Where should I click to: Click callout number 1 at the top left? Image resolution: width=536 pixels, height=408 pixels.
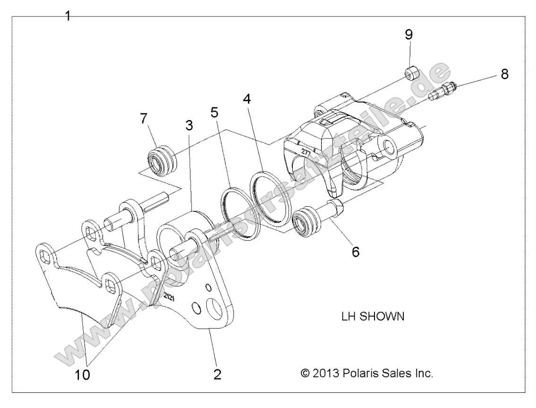coord(68,16)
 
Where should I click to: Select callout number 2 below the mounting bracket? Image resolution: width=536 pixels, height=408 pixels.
coord(217,374)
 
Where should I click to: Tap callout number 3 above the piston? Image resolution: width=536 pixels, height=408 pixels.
coord(189,127)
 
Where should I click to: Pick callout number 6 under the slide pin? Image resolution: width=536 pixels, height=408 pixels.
coord(355,252)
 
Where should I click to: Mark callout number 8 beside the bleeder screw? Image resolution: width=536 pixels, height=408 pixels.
coord(504,75)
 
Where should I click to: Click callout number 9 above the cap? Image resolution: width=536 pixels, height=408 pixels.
coord(409,34)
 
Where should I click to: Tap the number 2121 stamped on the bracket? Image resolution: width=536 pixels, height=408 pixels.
coord(170,297)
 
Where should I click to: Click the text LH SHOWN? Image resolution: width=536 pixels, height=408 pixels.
coord(373,317)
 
